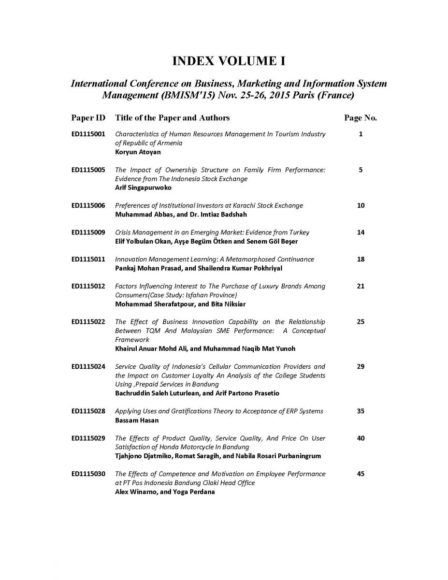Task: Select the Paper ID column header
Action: pyautogui.click(x=88, y=118)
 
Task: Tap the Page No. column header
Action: pyautogui.click(x=360, y=118)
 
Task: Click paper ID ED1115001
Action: pyautogui.click(x=88, y=134)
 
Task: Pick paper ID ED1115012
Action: pyautogui.click(x=88, y=286)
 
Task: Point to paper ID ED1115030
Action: pyautogui.click(x=88, y=474)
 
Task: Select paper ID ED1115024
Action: pyautogui.click(x=88, y=367)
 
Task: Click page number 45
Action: pyautogui.click(x=360, y=474)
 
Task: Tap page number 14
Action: pyautogui.click(x=360, y=232)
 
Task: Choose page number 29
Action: pyautogui.click(x=360, y=367)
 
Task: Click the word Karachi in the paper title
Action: pyautogui.click(x=245, y=206)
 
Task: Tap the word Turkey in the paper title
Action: pyautogui.click(x=298, y=232)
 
